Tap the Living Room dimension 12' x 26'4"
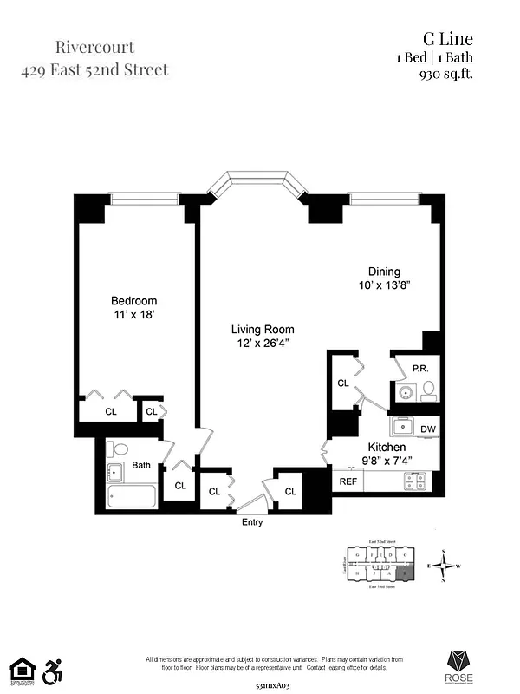(262, 344)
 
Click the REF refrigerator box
(348, 481)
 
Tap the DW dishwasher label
(427, 429)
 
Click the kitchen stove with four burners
(415, 480)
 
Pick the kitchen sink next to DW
(403, 427)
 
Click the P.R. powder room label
(420, 368)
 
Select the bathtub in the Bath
(132, 497)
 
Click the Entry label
(252, 522)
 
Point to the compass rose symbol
(445, 567)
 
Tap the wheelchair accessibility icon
(54, 670)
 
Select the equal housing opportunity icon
(21, 670)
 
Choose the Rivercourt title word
(95, 47)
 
